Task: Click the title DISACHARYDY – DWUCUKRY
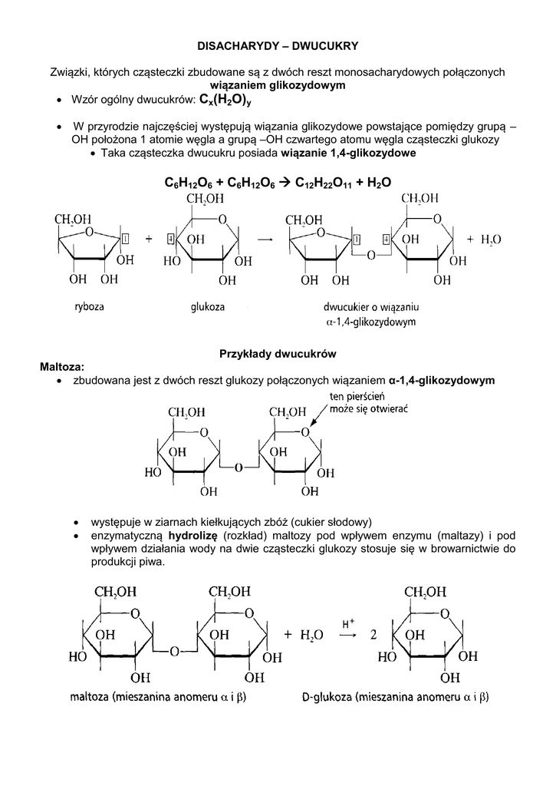pyautogui.click(x=278, y=46)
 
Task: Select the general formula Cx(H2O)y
pyautogui.click(x=225, y=101)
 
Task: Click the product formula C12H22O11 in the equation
pyautogui.click(x=323, y=183)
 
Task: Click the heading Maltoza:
pyautogui.click(x=62, y=366)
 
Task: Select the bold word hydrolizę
pyautogui.click(x=194, y=535)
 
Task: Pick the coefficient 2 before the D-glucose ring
pyautogui.click(x=373, y=636)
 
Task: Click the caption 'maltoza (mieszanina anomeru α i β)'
pyautogui.click(x=163, y=698)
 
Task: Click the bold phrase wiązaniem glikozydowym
pyautogui.click(x=278, y=85)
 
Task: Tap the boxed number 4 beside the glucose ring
pyautogui.click(x=170, y=239)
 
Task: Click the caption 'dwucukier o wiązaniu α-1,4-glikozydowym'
pyautogui.click(x=373, y=315)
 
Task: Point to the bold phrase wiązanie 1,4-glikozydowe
pyautogui.click(x=349, y=153)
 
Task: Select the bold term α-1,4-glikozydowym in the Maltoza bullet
pyautogui.click(x=442, y=380)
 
